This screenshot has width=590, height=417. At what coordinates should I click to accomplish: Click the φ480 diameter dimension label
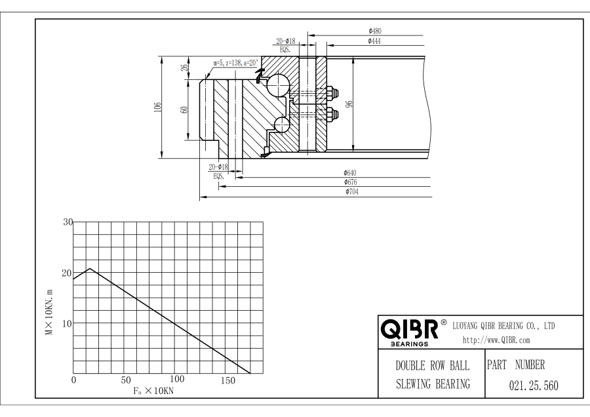[375, 31]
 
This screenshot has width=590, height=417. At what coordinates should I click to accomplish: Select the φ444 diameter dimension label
[374, 41]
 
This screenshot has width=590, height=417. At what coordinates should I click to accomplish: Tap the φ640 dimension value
[350, 172]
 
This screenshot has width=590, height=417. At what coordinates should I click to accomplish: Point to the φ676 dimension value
[350, 182]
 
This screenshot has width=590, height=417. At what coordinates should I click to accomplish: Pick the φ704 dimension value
[352, 191]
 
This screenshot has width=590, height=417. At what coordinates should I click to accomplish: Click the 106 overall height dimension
[157, 107]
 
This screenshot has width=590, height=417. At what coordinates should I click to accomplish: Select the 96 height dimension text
[349, 104]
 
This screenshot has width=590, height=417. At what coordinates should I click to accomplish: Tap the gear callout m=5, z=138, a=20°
[236, 63]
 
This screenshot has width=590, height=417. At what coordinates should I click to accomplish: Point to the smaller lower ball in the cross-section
[281, 125]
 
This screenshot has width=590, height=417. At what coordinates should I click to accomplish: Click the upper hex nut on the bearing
[332, 92]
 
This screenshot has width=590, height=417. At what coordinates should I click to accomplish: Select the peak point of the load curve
[90, 268]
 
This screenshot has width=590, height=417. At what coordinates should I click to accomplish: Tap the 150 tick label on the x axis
[228, 380]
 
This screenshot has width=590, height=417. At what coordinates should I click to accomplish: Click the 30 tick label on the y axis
[68, 222]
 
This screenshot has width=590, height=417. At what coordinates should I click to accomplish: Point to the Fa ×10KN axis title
[153, 391]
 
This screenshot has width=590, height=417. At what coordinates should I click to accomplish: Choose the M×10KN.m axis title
[49, 312]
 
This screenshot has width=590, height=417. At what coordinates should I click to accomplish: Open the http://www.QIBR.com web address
[496, 340]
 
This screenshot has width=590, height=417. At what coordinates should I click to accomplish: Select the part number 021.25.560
[534, 386]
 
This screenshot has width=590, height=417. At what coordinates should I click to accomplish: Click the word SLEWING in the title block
[412, 384]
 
